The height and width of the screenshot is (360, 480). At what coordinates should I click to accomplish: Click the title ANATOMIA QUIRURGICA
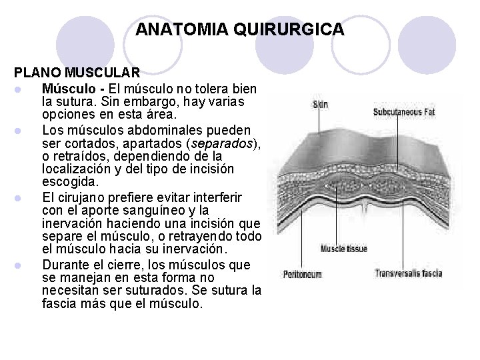(239, 30)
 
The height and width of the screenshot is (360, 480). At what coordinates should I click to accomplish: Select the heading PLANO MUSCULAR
(77, 72)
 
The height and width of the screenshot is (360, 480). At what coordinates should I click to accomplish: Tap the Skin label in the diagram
(321, 104)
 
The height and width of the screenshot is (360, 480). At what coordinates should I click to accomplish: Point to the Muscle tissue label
(344, 249)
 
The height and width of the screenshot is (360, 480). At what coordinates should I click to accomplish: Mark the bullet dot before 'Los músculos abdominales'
(22, 129)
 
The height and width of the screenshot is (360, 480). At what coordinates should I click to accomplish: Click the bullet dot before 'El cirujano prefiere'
(22, 197)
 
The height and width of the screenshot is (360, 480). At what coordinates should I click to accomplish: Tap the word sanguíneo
(178, 211)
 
